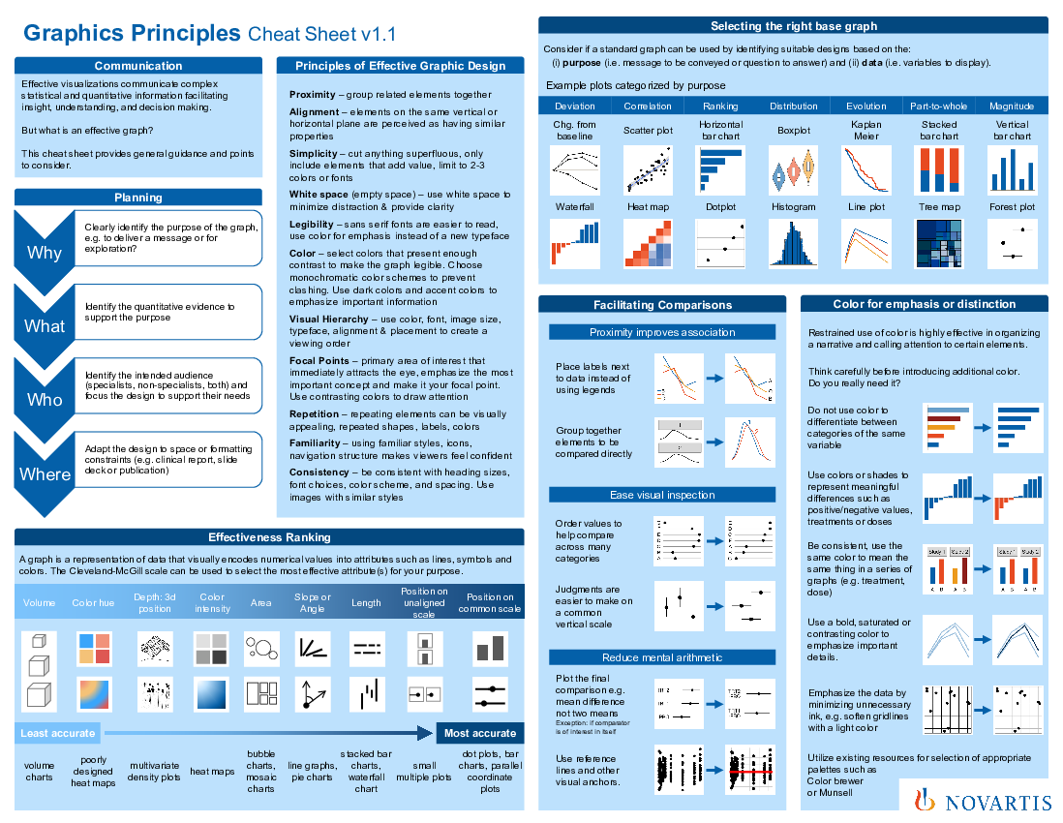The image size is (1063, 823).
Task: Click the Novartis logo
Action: [980, 800]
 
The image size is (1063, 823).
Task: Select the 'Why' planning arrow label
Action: [45, 253]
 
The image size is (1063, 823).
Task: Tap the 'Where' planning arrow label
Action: [45, 474]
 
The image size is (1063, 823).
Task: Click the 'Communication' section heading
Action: [138, 66]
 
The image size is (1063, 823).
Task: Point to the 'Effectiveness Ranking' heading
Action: [269, 537]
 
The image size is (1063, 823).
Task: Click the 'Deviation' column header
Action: [575, 106]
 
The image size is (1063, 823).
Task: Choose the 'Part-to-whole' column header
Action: [938, 106]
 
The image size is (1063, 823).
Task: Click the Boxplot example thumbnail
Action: [793, 169]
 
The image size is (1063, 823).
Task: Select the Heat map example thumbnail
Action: [648, 242]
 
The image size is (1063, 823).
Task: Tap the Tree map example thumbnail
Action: [938, 242]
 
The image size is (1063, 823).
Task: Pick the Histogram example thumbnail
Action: [793, 242]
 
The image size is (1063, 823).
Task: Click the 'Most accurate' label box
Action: [480, 733]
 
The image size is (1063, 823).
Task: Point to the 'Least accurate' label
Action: [58, 733]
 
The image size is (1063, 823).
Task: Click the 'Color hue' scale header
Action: [93, 603]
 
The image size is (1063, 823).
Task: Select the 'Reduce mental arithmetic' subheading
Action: [662, 657]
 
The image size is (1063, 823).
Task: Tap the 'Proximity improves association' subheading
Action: [662, 332]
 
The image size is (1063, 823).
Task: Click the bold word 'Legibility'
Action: [313, 225]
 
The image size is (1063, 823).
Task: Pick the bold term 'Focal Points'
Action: [318, 360]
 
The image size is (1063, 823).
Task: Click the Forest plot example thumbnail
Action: [1012, 242]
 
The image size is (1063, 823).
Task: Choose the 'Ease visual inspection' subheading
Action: [662, 495]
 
